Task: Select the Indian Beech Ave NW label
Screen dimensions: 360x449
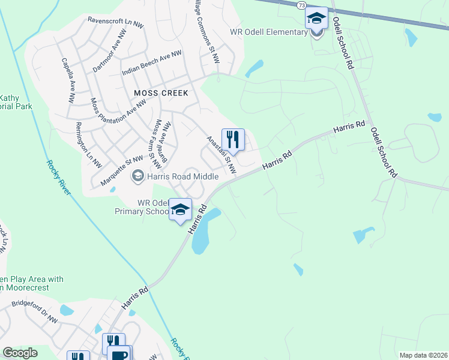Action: tap(151, 62)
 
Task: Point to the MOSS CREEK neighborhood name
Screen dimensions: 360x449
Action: tap(161, 93)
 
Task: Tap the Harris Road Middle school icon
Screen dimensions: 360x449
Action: tap(137, 176)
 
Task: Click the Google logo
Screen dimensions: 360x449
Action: tap(20, 353)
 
